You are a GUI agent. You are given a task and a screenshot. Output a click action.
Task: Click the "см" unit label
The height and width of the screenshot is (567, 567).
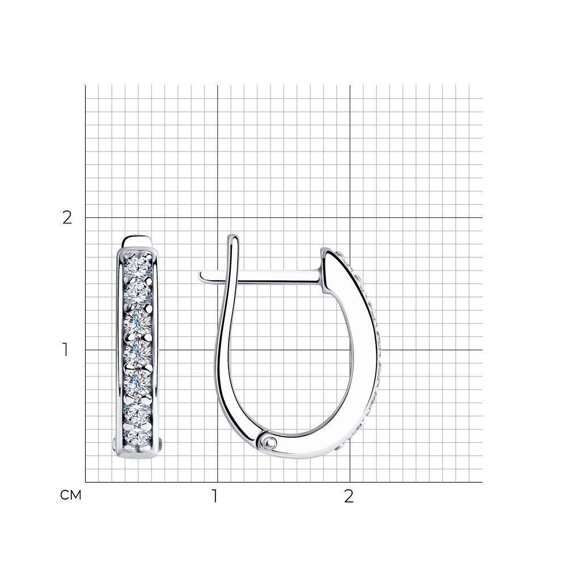coord(70,495)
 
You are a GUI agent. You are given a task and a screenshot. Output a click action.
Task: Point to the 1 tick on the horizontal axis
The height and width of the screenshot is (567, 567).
coord(215,497)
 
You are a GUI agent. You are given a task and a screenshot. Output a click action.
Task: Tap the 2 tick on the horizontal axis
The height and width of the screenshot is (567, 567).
coord(349,497)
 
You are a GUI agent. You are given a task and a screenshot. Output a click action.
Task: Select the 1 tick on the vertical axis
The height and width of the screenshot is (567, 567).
coord(65,350)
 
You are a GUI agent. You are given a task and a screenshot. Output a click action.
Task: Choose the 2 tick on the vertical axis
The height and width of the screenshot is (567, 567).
coord(67,218)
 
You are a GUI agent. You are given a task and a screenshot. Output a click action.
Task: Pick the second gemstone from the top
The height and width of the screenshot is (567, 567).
coord(137,292)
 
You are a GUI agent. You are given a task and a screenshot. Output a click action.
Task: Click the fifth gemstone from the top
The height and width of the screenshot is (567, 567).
coord(137,382)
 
